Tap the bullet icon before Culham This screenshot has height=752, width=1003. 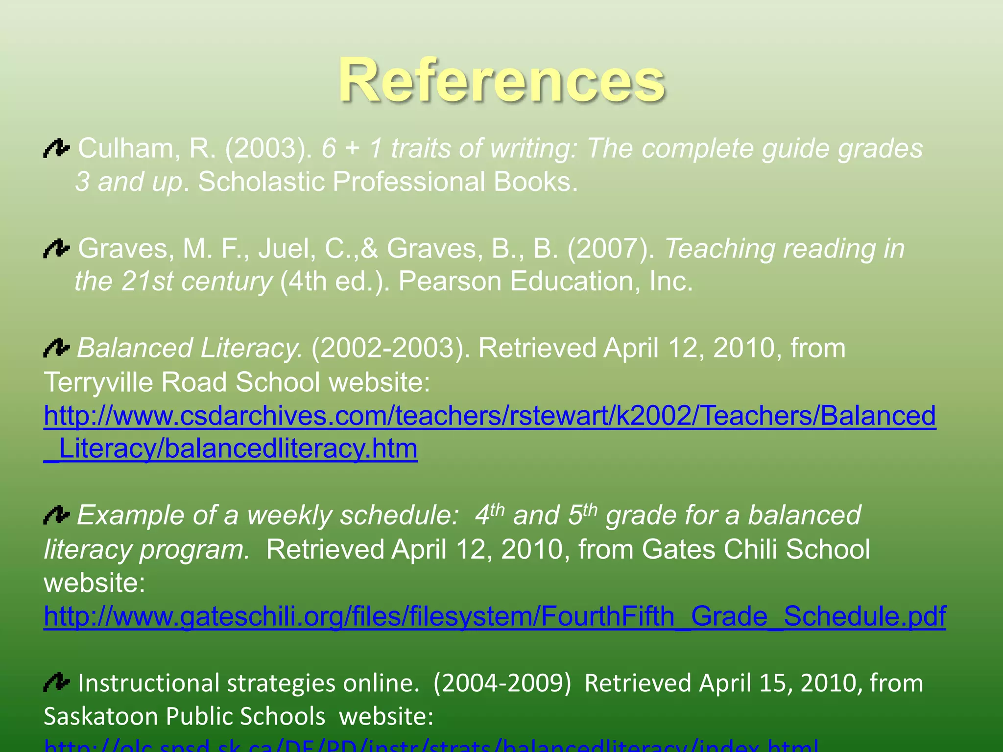57,148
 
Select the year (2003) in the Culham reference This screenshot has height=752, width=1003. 268,148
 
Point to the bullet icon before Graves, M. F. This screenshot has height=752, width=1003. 57,248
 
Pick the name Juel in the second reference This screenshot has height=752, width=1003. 287,248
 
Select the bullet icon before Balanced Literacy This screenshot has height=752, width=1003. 57,348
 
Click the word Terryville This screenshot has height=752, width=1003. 98,382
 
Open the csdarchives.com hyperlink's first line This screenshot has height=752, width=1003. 490,416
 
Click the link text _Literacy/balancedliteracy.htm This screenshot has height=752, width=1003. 231,449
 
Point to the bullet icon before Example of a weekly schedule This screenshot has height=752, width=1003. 57,516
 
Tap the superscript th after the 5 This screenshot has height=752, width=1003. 590,510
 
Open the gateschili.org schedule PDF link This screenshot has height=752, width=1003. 495,616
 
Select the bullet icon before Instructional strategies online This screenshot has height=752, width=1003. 57,682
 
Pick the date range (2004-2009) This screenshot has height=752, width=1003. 502,683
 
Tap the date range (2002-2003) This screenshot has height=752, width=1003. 389,348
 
